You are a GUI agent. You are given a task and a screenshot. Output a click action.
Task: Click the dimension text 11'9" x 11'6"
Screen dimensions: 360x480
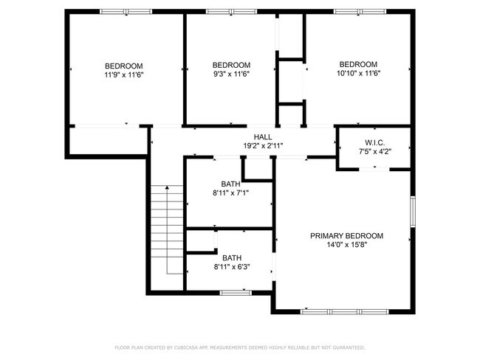click(x=123, y=75)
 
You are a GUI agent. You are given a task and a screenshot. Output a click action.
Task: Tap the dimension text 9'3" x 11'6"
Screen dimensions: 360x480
click(x=231, y=74)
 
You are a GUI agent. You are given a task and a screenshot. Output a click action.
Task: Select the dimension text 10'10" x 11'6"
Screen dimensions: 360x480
click(x=358, y=74)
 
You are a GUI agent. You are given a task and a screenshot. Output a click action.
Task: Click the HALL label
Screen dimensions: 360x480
click(x=262, y=137)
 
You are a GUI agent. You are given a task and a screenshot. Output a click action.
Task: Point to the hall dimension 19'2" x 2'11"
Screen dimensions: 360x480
click(x=262, y=146)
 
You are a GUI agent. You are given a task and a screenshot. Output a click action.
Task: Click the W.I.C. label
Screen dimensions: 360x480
click(x=374, y=142)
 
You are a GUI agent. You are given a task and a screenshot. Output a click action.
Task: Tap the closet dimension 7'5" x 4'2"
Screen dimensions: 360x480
click(x=374, y=151)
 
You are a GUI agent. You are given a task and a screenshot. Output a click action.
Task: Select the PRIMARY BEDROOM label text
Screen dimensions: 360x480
click(x=346, y=236)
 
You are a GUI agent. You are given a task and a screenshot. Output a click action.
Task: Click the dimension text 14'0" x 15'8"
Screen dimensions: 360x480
click(x=346, y=245)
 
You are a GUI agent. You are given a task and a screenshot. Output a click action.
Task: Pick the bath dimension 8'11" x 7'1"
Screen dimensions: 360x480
click(x=231, y=193)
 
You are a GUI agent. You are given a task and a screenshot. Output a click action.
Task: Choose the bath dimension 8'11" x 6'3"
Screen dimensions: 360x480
click(x=232, y=267)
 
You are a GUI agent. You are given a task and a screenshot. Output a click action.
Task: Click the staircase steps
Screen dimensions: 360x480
click(x=167, y=230)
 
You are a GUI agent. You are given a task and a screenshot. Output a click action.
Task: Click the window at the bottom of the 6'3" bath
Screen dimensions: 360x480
click(x=235, y=293)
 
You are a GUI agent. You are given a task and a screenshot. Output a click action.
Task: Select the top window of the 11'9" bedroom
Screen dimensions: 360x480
click(x=121, y=12)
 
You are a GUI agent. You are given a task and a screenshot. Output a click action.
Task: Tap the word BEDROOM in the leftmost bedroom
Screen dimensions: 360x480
click(x=123, y=66)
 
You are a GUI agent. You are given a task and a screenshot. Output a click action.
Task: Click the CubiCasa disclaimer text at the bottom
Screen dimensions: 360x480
click(x=239, y=347)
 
